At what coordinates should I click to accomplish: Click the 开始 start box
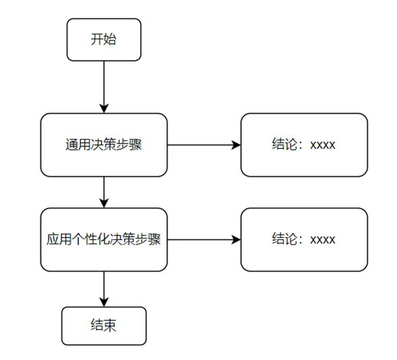(x=104, y=40)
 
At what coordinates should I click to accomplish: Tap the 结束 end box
(x=104, y=326)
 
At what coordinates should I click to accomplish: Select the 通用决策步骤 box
(x=104, y=145)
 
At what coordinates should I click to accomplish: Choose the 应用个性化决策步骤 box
(x=104, y=239)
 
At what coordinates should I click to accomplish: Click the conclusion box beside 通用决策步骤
(x=304, y=145)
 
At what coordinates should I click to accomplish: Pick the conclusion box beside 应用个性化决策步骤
(x=304, y=239)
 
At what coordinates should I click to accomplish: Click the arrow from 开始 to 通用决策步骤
(x=104, y=87)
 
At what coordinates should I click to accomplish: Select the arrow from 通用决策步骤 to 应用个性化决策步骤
(x=104, y=192)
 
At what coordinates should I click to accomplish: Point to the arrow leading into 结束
(x=104, y=289)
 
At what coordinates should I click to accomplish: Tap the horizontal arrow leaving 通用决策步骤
(x=204, y=145)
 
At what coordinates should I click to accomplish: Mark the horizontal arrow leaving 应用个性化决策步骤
(x=204, y=239)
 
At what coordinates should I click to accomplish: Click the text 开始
(x=104, y=39)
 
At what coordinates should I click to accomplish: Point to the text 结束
(x=104, y=326)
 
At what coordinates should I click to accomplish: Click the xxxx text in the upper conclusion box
(x=323, y=146)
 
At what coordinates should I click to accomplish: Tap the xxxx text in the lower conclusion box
(x=323, y=240)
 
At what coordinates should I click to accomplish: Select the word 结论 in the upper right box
(x=284, y=144)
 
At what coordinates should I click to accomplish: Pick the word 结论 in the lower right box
(x=284, y=239)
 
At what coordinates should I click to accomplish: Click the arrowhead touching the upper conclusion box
(x=236, y=145)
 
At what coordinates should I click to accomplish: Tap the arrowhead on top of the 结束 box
(x=104, y=302)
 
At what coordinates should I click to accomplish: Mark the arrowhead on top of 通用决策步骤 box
(x=104, y=109)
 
